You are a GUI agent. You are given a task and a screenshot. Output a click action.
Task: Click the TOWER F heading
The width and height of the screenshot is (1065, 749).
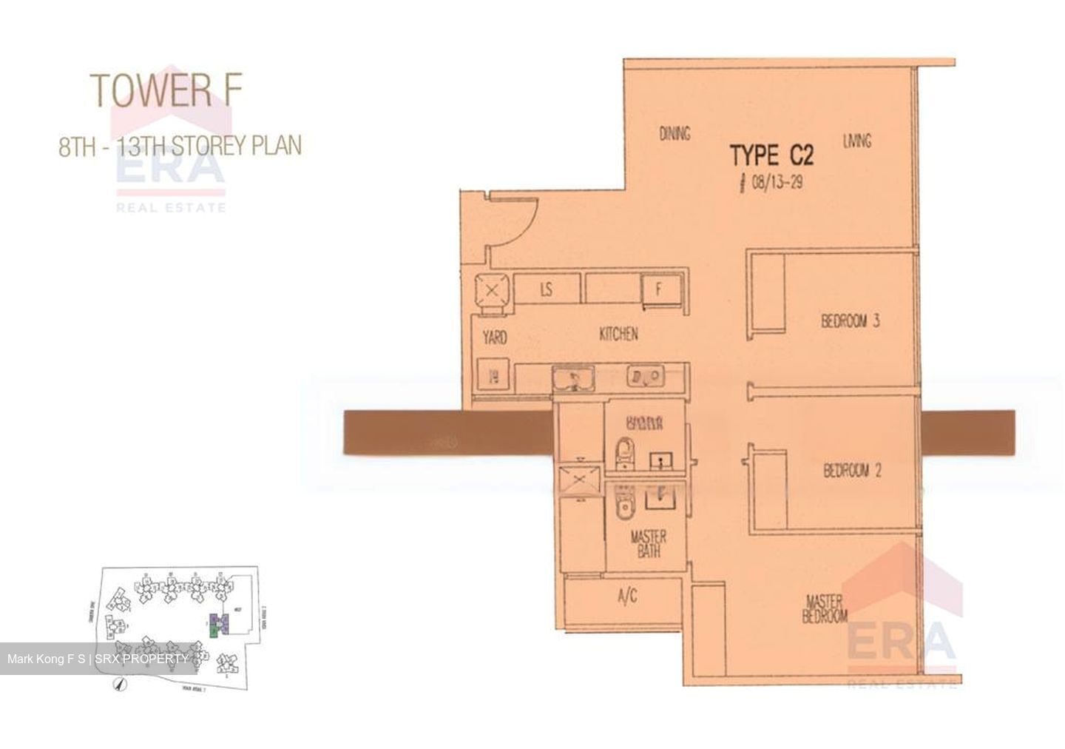coord(166,89)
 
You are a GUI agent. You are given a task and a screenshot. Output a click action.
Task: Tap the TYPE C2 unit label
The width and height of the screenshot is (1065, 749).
coord(771,155)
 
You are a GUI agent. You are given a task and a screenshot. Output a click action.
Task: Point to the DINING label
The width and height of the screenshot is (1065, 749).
coord(674,133)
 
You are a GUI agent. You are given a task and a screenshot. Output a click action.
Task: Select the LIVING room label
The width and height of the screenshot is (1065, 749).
coord(856,140)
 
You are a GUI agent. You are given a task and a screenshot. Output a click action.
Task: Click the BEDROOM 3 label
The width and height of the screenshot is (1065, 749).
coord(850,321)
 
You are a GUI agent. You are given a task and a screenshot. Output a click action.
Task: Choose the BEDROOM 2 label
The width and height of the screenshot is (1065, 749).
coord(852,471)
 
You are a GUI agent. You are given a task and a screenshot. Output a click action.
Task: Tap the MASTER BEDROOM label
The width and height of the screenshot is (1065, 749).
coord(825,608)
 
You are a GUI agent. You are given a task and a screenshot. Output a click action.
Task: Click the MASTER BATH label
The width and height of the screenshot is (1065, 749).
coord(648,544)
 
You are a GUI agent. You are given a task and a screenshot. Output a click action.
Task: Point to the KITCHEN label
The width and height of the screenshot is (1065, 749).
coord(618,335)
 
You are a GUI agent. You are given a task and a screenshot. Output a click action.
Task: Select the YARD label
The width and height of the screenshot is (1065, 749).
coord(495,337)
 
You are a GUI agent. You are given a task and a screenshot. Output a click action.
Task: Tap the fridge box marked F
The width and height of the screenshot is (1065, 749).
coord(658,289)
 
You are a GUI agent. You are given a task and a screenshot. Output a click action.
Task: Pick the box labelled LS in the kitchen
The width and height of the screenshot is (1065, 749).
coord(547,289)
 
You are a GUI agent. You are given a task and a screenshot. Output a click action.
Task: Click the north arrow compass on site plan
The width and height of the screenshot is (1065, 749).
coord(117,685)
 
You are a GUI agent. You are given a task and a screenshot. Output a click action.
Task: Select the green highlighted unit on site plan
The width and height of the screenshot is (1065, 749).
coord(214,631)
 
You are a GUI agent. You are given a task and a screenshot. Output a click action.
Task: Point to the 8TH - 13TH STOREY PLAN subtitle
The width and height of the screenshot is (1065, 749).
coord(180,145)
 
